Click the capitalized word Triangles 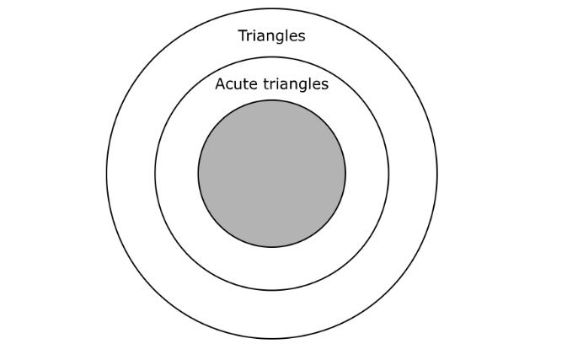[x=271, y=36]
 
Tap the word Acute [x=236, y=84]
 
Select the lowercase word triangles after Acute [x=296, y=84]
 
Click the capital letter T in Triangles [x=243, y=35]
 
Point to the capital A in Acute [x=221, y=84]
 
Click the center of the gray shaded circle [x=272, y=174]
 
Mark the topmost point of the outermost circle [x=271, y=8]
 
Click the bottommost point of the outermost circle [x=271, y=339]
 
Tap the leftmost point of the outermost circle [x=106, y=174]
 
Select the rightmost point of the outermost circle [x=437, y=174]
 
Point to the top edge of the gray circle [x=272, y=100]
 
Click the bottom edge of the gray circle [x=272, y=247]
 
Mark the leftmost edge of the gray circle [x=198, y=174]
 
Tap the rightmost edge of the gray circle [x=345, y=174]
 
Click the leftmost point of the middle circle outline [x=155, y=174]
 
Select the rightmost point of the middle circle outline [x=389, y=174]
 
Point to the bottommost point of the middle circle [x=272, y=290]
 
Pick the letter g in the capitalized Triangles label [x=283, y=38]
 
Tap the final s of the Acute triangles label [x=325, y=86]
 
